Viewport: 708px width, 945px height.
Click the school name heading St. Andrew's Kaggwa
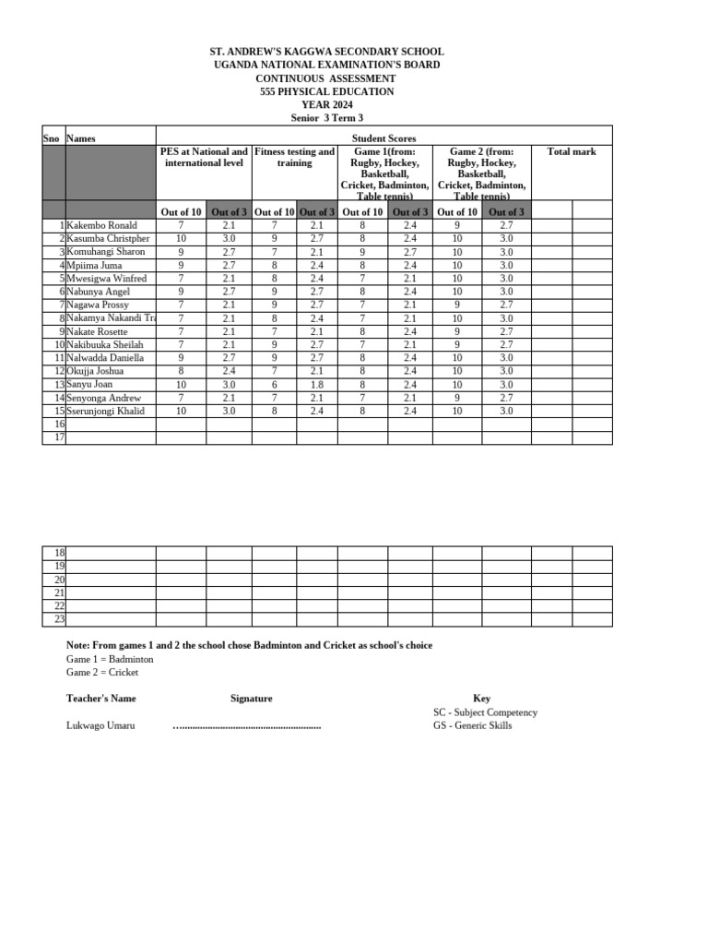click(327, 52)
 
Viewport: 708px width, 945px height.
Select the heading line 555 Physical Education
click(327, 91)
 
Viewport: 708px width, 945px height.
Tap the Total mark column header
click(572, 151)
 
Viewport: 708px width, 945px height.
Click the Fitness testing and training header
click(295, 157)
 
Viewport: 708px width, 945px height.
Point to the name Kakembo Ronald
click(101, 225)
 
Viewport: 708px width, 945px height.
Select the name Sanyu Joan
click(89, 384)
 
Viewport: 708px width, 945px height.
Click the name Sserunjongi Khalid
click(105, 411)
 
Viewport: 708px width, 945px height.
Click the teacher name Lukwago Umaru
click(100, 725)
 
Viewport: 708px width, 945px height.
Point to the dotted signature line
click(247, 726)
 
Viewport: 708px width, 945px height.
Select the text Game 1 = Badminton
click(110, 659)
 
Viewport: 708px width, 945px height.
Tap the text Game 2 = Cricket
click(102, 672)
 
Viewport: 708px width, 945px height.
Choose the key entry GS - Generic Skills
click(472, 725)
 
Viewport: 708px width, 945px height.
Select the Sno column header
click(52, 138)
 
